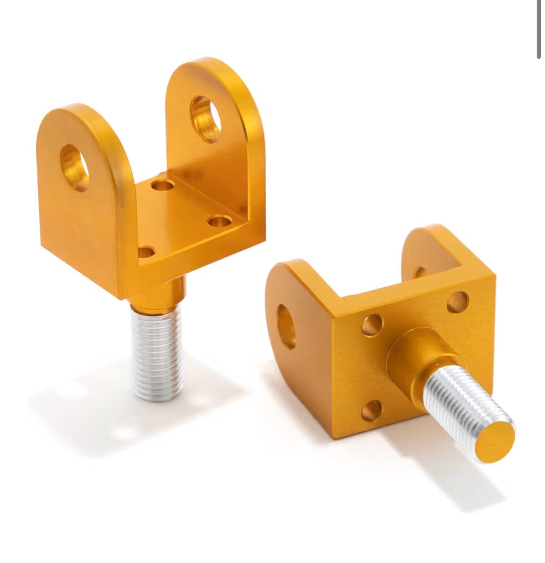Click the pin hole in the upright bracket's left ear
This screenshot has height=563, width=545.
pyautogui.click(x=75, y=167)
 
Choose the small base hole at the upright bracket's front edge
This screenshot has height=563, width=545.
pyautogui.click(x=146, y=252)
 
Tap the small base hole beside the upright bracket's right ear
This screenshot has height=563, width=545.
pyautogui.click(x=218, y=221)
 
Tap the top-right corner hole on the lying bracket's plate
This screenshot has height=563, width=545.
pyautogui.click(x=458, y=302)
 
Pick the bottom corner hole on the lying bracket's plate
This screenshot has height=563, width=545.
pyautogui.click(x=372, y=410)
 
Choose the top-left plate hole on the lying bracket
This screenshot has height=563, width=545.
pyautogui.click(x=372, y=325)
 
